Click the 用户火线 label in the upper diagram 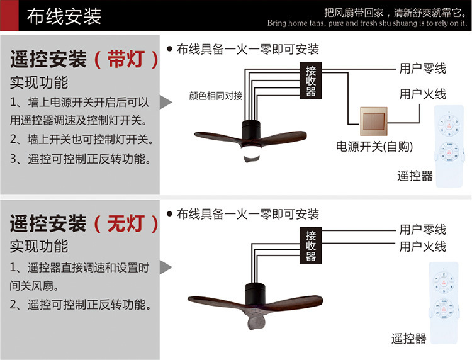[x=422, y=94]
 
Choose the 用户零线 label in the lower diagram [x=422, y=230]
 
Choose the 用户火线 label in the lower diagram [x=422, y=246]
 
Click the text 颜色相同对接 [x=215, y=96]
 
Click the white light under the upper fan [x=251, y=154]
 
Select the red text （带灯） [x=125, y=60]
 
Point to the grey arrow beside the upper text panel [x=166, y=102]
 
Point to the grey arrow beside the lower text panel [x=166, y=267]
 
